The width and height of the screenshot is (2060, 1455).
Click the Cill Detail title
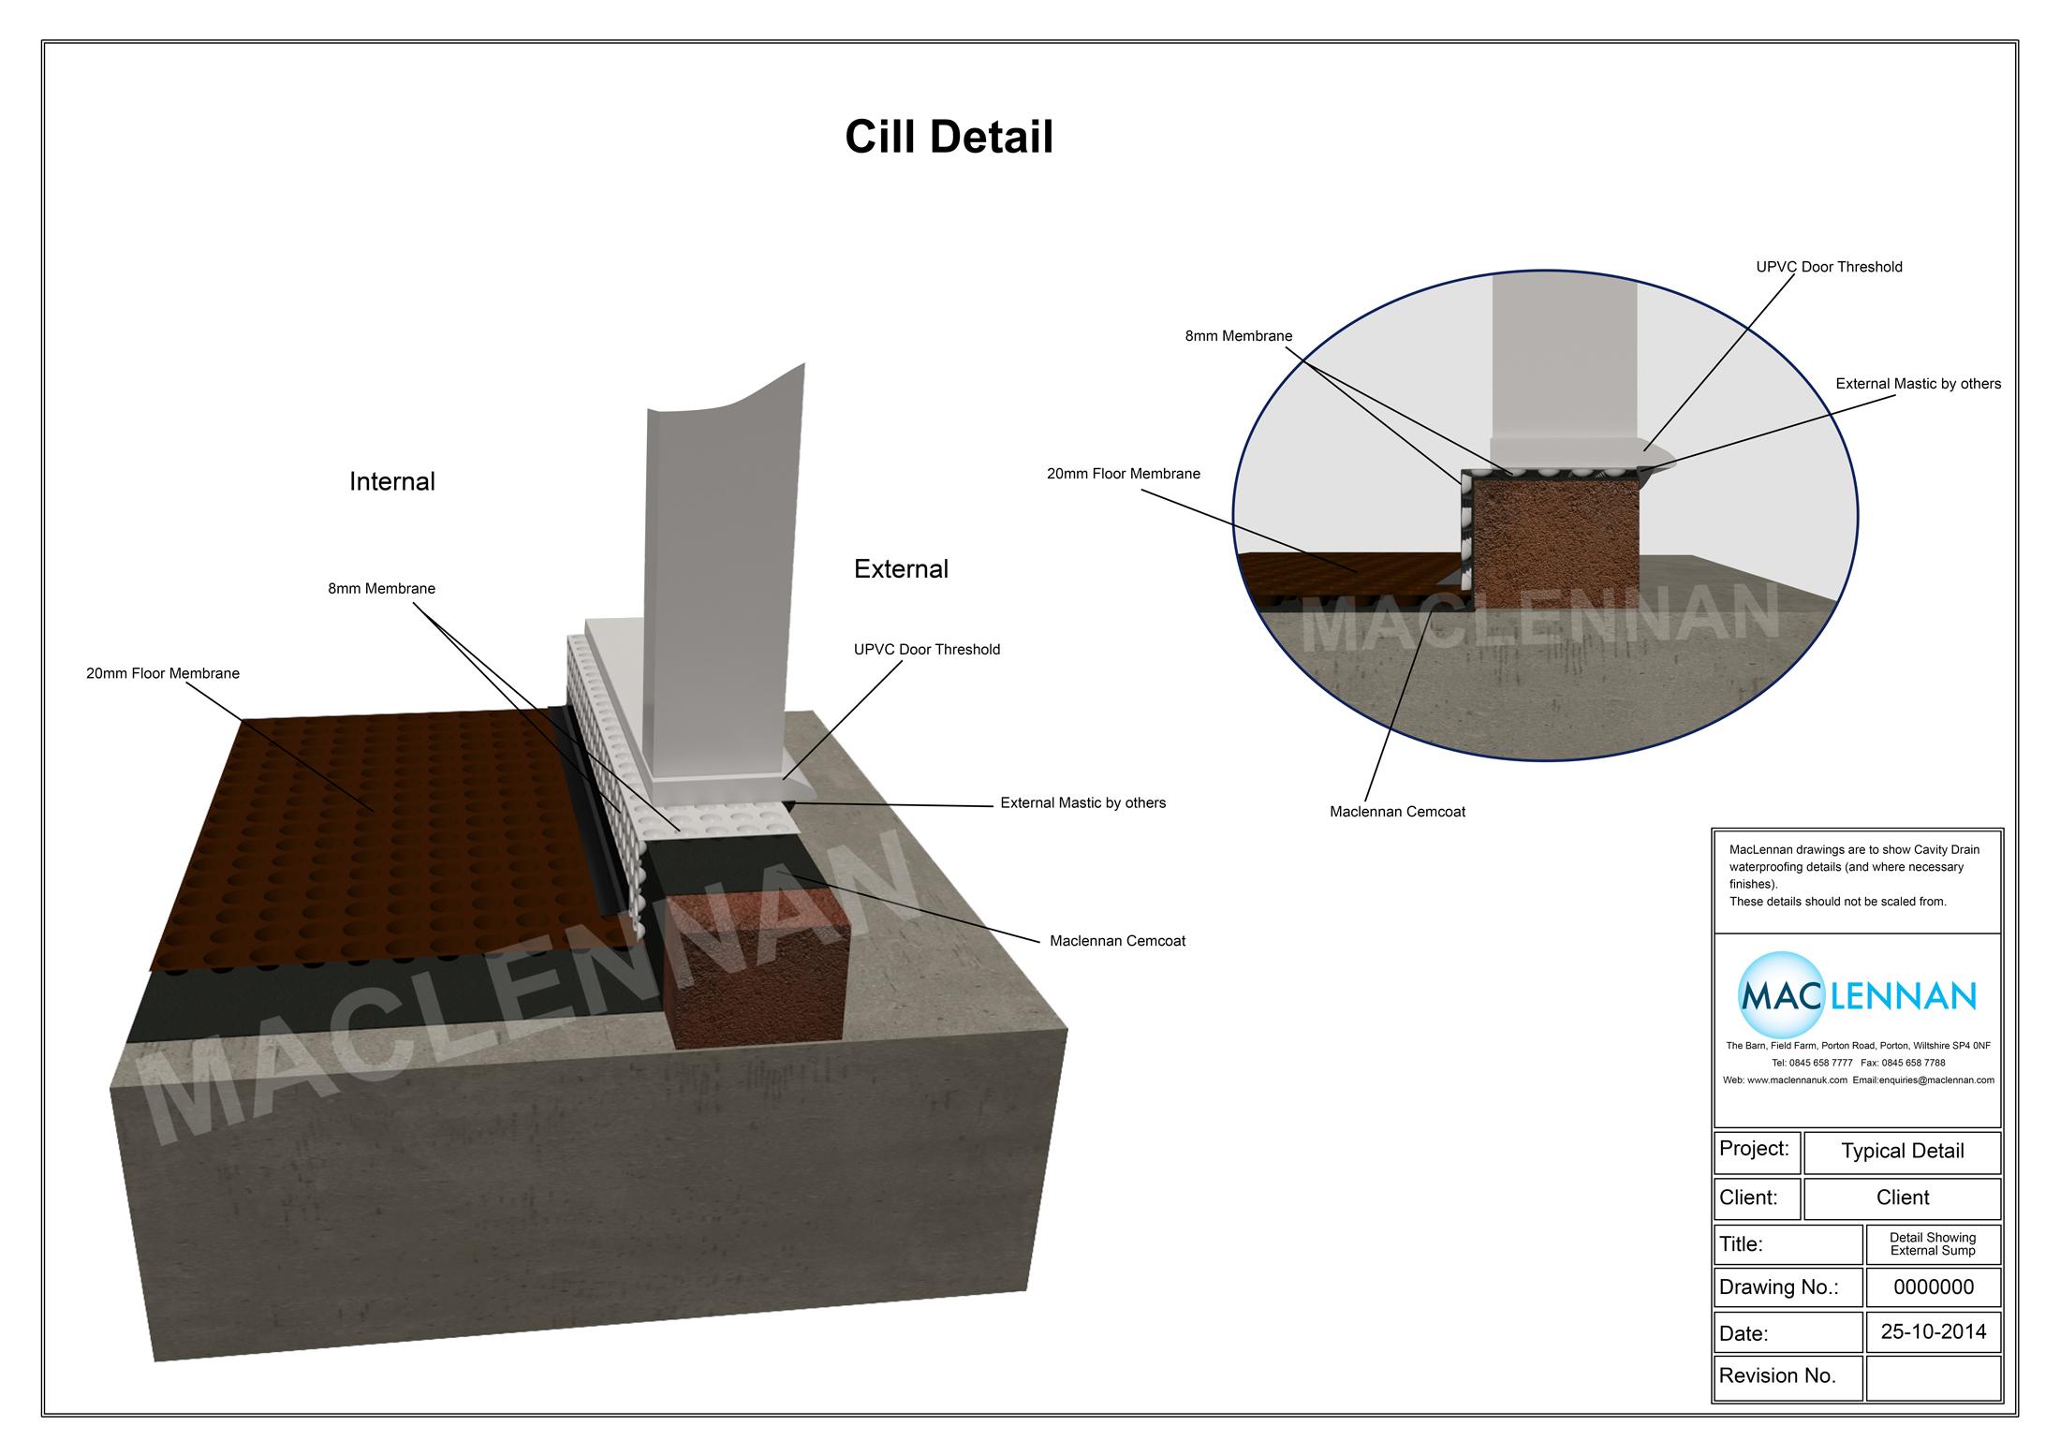pyautogui.click(x=949, y=137)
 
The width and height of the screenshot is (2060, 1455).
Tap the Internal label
pyautogui.click(x=391, y=481)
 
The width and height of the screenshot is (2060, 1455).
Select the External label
pyautogui.click(x=901, y=569)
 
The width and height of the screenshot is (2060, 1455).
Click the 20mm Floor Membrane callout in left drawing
pyautogui.click(x=163, y=673)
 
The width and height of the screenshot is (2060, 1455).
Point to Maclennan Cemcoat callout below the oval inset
pyautogui.click(x=1397, y=812)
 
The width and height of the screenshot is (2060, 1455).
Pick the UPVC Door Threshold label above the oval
pyautogui.click(x=1829, y=267)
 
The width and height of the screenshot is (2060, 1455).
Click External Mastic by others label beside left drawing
pyautogui.click(x=1082, y=802)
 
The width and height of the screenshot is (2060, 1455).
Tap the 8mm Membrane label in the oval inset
pyautogui.click(x=1238, y=336)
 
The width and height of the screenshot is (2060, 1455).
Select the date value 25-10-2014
pyautogui.click(x=1933, y=1331)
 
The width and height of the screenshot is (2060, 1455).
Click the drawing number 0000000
pyautogui.click(x=1933, y=1286)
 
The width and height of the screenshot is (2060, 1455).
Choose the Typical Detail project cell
pyautogui.click(x=1902, y=1152)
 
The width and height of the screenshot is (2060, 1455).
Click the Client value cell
pyautogui.click(x=1902, y=1198)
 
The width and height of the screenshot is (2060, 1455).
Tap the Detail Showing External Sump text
pyautogui.click(x=1933, y=1243)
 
